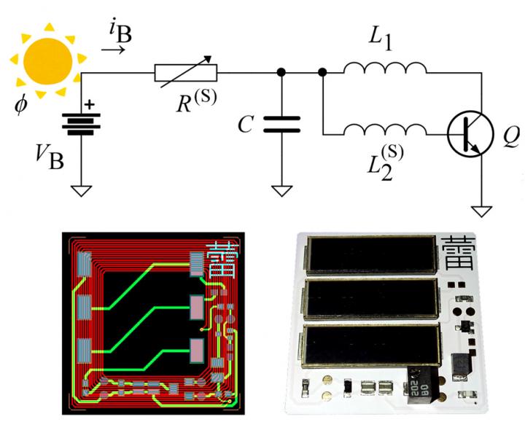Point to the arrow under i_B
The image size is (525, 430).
112,50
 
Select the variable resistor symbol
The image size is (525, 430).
186,71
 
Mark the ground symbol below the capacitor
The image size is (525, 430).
281,191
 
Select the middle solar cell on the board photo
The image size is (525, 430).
370,301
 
